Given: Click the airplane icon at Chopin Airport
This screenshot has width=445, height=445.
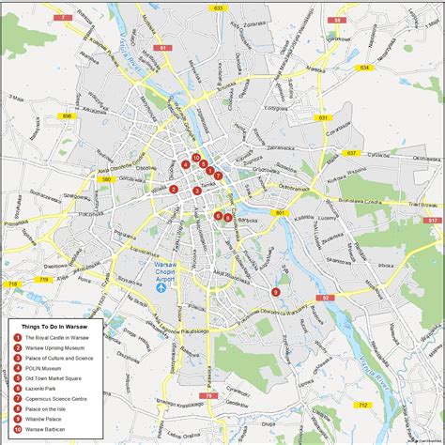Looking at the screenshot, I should pos(160,288).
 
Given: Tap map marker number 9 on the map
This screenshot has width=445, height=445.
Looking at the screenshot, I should pos(275,291).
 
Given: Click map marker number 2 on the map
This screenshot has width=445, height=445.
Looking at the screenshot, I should pos(174,189).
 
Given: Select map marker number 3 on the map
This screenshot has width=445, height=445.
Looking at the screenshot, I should pos(196,191).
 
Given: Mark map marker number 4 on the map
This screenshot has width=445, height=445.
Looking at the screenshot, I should pos(186,165).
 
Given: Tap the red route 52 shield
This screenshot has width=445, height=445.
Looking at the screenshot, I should pos(326,298).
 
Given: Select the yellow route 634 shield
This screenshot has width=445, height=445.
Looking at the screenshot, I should pos(363,67).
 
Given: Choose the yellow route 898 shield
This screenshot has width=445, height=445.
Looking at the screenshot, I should pos(67,115).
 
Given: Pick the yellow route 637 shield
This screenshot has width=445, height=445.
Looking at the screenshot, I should pos(350,152).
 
